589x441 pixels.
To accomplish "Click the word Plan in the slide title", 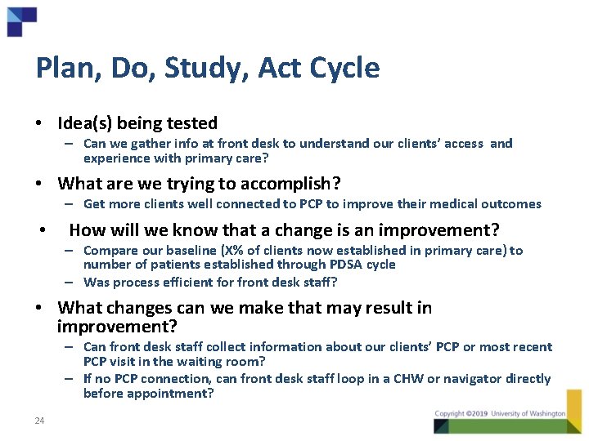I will coord(62,68).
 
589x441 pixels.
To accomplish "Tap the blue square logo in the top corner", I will coord(21,21).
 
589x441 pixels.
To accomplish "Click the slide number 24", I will coord(39,421).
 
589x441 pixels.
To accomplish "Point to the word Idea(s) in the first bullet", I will coord(87,123).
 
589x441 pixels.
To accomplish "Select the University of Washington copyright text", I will coord(500,414).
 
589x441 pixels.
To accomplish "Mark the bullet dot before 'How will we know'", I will coord(42,230).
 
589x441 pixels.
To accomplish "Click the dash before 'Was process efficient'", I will coord(72,283).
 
